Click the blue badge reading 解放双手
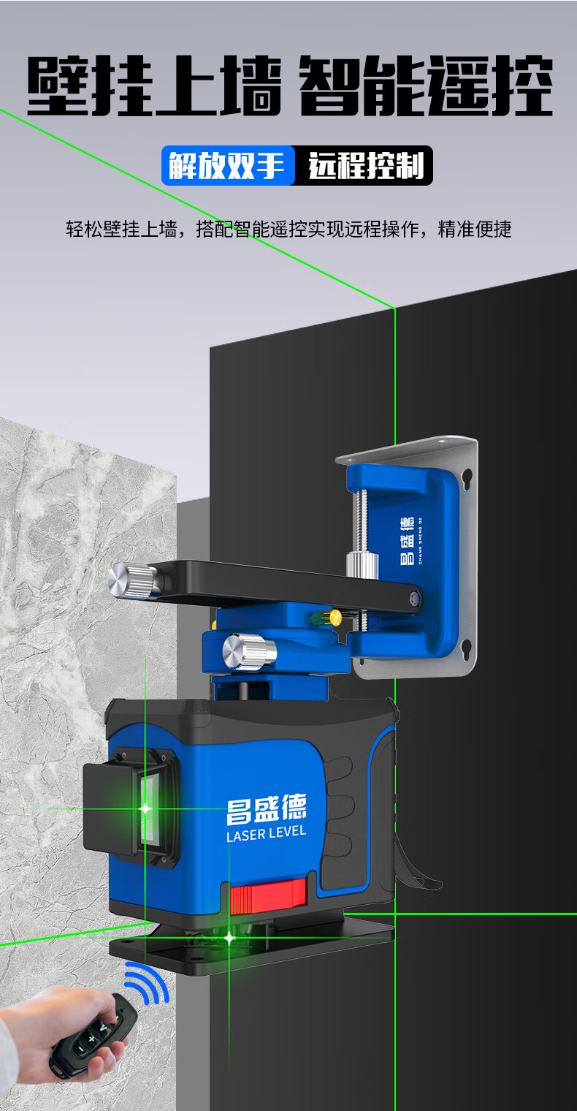(x=229, y=165)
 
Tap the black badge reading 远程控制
(x=364, y=165)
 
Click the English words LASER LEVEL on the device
(x=266, y=833)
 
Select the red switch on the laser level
(x=267, y=896)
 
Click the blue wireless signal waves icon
(x=148, y=982)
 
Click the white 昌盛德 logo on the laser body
(x=267, y=808)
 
